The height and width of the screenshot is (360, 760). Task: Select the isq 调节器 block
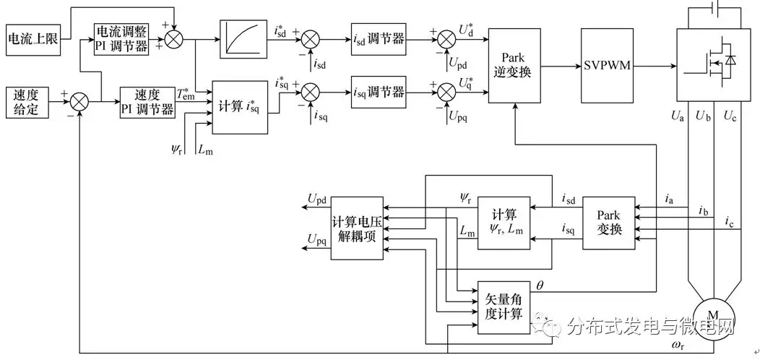coord(379,92)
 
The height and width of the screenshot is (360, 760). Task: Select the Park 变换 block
coord(608,223)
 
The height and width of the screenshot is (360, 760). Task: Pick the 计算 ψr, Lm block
coord(504,223)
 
